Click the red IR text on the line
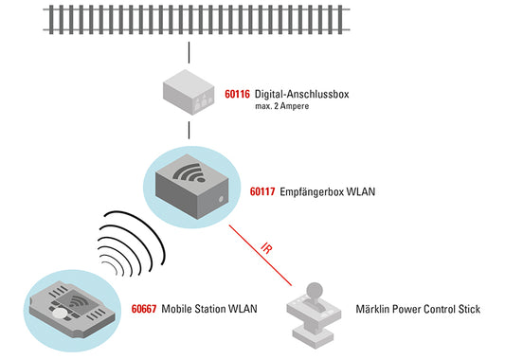click(x=266, y=248)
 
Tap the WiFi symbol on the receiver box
click(x=189, y=174)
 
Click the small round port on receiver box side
click(x=221, y=199)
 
